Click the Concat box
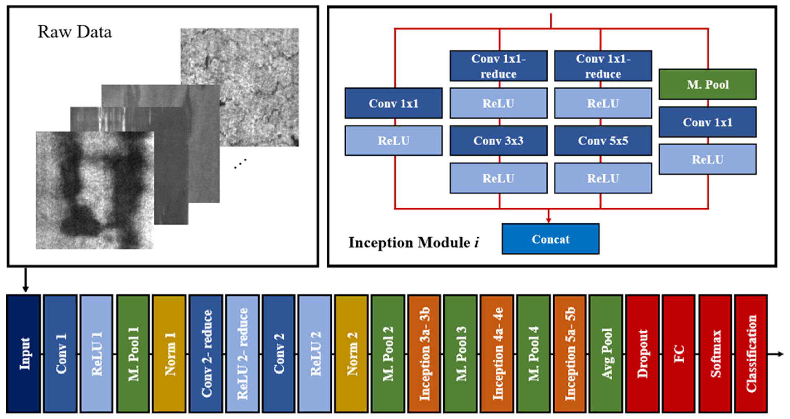550,239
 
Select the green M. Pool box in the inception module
708,84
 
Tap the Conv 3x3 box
498,141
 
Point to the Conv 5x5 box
603,141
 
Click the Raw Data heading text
74,32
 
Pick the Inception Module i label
413,243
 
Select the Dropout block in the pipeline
642,354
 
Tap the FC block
679,354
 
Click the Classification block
751,354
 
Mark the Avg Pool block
606,354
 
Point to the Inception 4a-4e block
497,354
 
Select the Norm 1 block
169,354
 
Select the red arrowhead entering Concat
549,220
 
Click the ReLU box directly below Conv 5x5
603,178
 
